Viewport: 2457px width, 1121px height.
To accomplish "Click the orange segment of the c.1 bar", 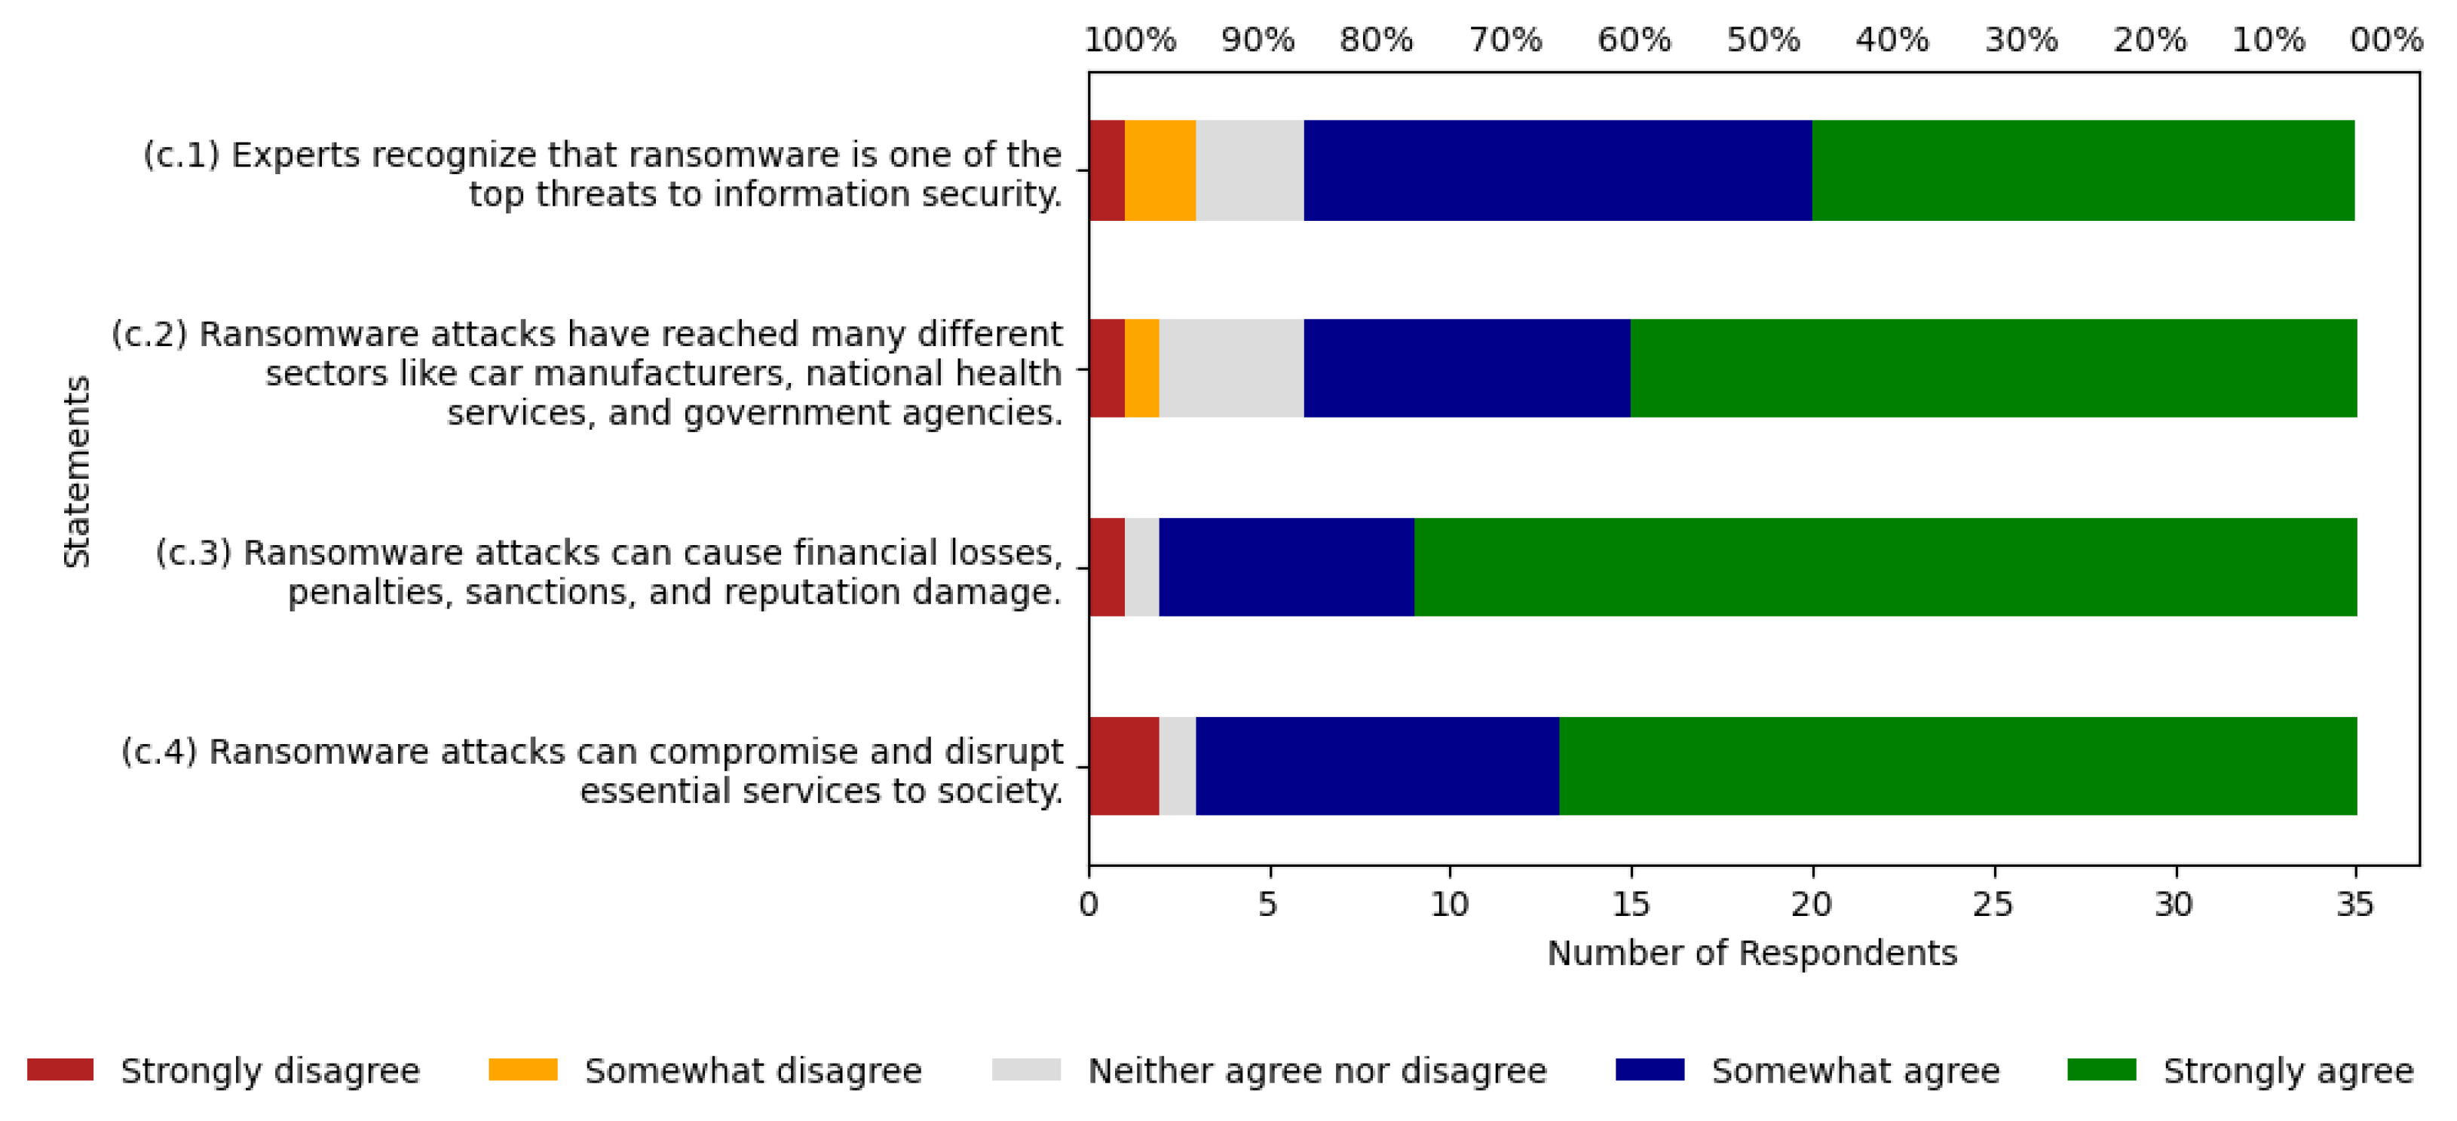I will click(1160, 171).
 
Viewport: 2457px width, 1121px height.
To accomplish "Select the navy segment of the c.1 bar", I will click(1557, 171).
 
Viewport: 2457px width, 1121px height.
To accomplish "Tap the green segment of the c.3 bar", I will click(1885, 568).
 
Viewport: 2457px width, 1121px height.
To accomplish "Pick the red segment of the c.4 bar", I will click(1123, 766).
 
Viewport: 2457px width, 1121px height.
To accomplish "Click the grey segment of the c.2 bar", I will click(1231, 368).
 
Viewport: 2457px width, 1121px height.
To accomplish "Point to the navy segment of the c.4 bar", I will click(1377, 766).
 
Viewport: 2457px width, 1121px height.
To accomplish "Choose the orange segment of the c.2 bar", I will click(1141, 368).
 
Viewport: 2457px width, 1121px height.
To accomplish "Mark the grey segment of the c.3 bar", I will click(1141, 568).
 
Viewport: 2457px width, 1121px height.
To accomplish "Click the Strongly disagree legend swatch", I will click(60, 1070).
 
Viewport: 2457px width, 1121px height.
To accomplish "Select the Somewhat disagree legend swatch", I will click(522, 1070).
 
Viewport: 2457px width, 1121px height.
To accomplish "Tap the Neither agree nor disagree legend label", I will click(1317, 1071).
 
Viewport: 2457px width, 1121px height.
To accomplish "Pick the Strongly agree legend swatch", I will click(2101, 1070).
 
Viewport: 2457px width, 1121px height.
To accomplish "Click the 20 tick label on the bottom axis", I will click(1812, 903).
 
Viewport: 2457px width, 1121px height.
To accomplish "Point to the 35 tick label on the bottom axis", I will click(2355, 903).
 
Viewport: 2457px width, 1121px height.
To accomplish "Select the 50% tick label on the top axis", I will click(1763, 40).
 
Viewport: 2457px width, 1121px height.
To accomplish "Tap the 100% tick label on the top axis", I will click(1130, 40).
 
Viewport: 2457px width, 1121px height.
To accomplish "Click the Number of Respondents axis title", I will click(1751, 953).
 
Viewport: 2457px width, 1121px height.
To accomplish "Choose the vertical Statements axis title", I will click(76, 471).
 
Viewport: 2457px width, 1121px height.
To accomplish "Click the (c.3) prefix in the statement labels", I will click(194, 553).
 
